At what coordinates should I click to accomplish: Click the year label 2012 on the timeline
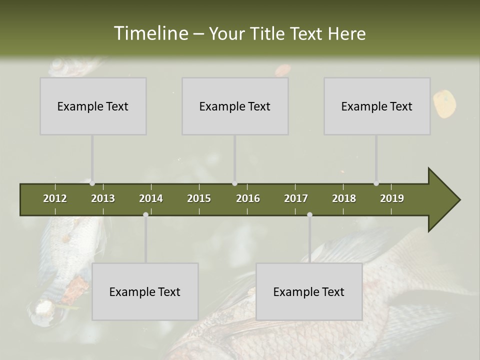click(x=55, y=198)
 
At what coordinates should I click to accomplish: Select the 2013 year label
click(x=103, y=198)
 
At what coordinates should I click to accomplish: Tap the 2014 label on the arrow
click(x=151, y=198)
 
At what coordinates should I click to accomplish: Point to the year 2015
click(x=199, y=198)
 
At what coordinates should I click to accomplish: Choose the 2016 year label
click(x=248, y=198)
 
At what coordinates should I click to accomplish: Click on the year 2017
click(x=296, y=198)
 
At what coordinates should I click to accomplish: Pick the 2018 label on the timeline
click(x=344, y=198)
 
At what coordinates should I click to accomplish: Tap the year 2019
click(x=392, y=198)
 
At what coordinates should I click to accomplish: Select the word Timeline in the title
click(x=150, y=33)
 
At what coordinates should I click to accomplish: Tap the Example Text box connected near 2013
click(x=93, y=106)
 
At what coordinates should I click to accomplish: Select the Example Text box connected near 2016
click(x=235, y=106)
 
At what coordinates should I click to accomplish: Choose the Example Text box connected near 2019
click(x=377, y=106)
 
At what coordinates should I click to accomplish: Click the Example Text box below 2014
click(x=145, y=291)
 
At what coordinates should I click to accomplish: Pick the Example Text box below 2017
click(x=309, y=291)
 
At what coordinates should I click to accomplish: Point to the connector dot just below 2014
click(x=145, y=214)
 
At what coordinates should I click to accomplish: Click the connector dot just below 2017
click(x=309, y=214)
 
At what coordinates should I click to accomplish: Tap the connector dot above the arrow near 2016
click(x=235, y=183)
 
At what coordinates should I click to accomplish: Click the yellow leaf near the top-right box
click(x=444, y=103)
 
